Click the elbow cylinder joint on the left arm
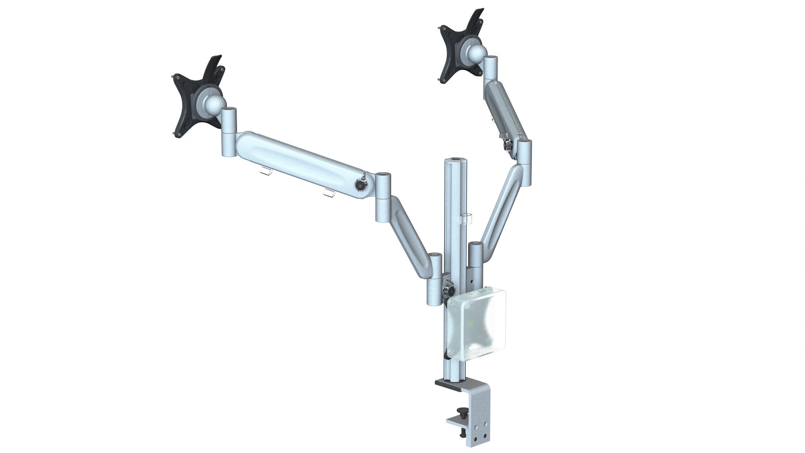click(x=383, y=197)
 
